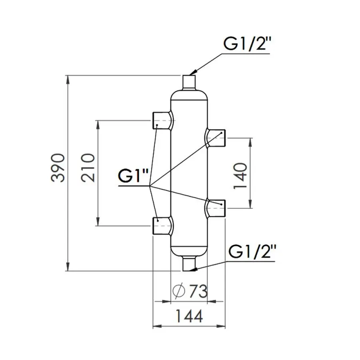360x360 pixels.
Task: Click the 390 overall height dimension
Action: tap(58, 168)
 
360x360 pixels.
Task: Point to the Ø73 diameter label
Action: tap(190, 292)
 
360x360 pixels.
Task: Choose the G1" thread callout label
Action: tap(134, 176)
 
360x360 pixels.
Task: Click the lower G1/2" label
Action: tap(253, 252)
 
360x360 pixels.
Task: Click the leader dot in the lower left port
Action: tap(158, 220)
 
